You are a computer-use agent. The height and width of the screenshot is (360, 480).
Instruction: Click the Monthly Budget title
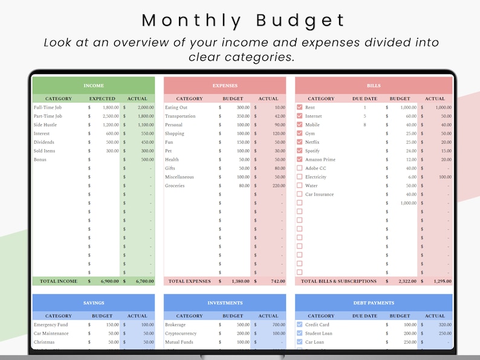point(243,20)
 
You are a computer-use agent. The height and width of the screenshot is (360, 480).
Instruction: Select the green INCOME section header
point(93,86)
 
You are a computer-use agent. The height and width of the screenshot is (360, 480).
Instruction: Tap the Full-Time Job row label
point(48,108)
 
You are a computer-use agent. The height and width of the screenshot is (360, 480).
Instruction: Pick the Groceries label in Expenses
point(175,186)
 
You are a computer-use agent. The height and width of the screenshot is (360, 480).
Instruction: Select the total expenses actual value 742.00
point(277,281)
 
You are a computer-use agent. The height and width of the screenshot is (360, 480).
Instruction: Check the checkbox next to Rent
point(299,108)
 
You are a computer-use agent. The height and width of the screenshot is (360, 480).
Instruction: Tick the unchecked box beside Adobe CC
point(299,169)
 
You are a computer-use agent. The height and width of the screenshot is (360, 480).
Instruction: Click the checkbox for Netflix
point(299,143)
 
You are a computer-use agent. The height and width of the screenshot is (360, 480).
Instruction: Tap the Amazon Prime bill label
point(320,160)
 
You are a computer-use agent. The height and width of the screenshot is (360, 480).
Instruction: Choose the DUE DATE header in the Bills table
point(365,98)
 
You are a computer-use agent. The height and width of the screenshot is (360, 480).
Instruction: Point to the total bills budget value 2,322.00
point(407,281)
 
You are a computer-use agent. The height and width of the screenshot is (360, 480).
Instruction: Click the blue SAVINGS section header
point(93,303)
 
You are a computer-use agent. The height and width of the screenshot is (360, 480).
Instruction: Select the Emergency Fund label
point(51,325)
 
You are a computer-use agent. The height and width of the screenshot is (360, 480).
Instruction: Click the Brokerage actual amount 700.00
point(277,325)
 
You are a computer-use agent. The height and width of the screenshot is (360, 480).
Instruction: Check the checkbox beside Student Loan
point(299,333)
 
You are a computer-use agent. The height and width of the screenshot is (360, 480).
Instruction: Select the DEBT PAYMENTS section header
point(374,303)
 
